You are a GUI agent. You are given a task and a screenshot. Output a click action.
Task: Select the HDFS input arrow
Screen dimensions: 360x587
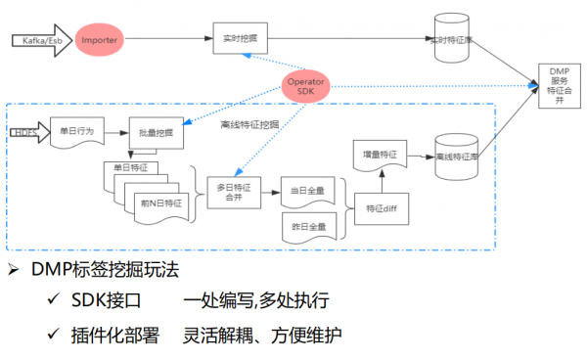pyautogui.click(x=27, y=131)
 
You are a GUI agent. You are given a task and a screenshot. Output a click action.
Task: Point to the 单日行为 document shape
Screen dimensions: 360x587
pyautogui.click(x=78, y=131)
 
